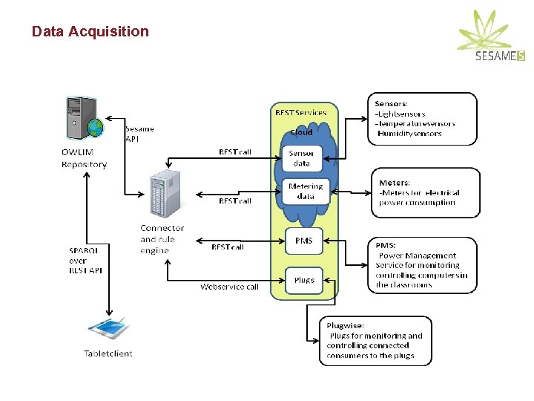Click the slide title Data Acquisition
click(90, 31)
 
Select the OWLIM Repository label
click(84, 159)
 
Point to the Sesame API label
click(139, 133)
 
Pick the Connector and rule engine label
click(162, 239)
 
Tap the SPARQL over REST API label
click(85, 261)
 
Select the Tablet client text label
click(108, 353)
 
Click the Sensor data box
click(303, 158)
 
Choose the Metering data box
click(305, 191)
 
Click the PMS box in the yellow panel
click(304, 241)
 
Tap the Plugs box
click(304, 280)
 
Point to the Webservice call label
click(229, 287)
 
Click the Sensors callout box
click(421, 118)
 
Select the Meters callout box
click(425, 192)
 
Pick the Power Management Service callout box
click(422, 264)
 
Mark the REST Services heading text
click(300, 113)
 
